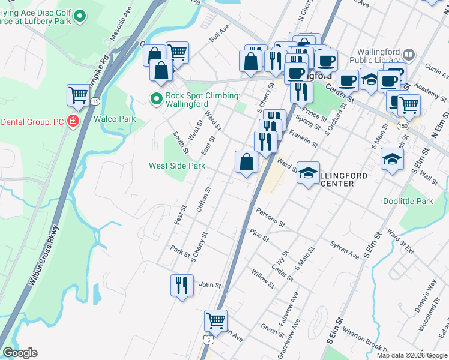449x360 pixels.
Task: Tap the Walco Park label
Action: [114, 119]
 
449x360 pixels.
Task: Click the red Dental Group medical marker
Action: [73, 121]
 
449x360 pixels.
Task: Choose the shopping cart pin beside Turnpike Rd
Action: [79, 95]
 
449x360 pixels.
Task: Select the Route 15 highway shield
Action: [95, 101]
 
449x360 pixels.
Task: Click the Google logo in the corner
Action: [20, 353]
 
